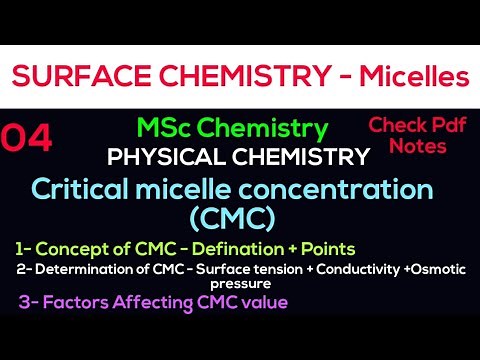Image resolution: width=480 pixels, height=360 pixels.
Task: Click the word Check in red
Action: pos(393,125)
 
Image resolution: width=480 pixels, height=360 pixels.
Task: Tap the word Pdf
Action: pos(442,125)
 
